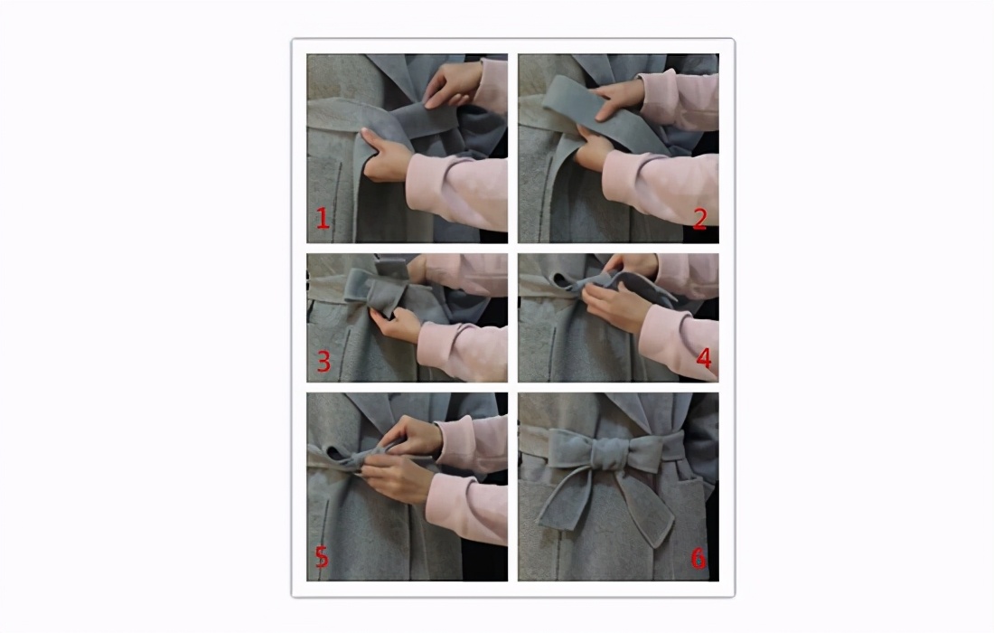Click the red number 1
(x=323, y=219)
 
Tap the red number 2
(x=699, y=220)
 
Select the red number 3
(x=324, y=362)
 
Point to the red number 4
(x=704, y=358)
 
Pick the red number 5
(x=322, y=557)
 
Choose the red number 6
(x=698, y=558)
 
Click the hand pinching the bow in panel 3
(x=397, y=324)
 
